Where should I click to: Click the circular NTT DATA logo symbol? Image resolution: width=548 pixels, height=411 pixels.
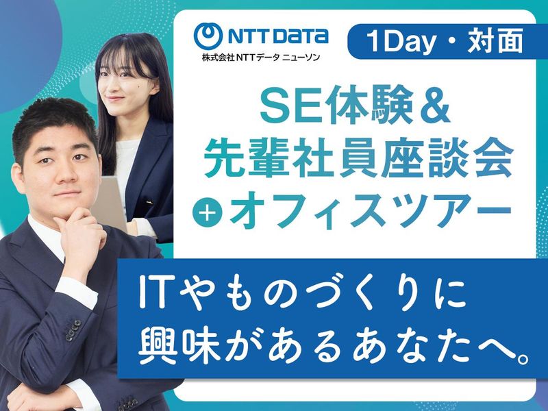coord(210,36)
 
